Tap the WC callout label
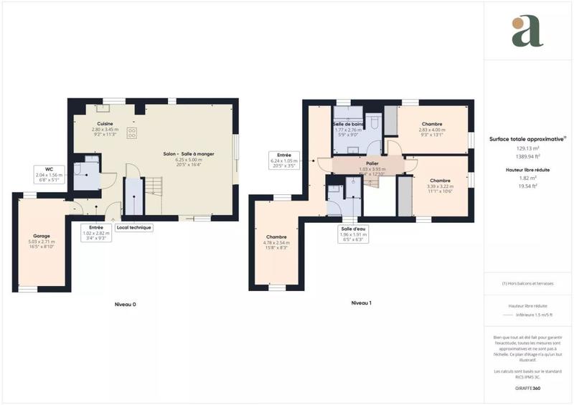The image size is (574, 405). [49, 169]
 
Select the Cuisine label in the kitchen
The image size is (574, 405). [105, 123]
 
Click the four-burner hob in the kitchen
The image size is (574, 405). [132, 133]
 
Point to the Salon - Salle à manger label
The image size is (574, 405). [189, 154]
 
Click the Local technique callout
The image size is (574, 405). [136, 227]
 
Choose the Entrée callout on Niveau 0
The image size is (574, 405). [95, 227]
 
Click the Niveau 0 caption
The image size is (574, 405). [126, 304]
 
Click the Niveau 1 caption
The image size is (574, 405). [361, 303]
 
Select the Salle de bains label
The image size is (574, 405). [348, 124]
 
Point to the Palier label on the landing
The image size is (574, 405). [372, 163]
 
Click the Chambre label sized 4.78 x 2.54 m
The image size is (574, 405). [276, 237]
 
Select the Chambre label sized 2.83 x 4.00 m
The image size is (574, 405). [433, 124]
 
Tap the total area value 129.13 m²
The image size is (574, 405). [527, 148]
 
